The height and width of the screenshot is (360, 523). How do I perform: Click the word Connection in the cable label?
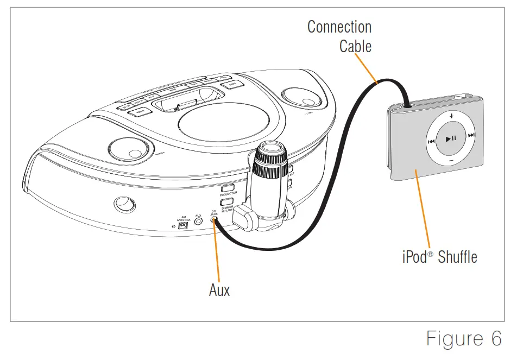339,27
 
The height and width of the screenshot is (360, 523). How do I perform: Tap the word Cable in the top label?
355,46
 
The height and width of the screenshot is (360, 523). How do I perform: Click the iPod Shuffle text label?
439,256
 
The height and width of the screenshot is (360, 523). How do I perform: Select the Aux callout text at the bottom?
219,290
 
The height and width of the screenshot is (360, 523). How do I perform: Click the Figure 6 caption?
463,338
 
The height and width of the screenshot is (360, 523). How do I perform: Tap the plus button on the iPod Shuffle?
451,116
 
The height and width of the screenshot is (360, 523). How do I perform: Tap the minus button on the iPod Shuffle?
451,161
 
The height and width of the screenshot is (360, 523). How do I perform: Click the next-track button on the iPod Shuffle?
471,136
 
